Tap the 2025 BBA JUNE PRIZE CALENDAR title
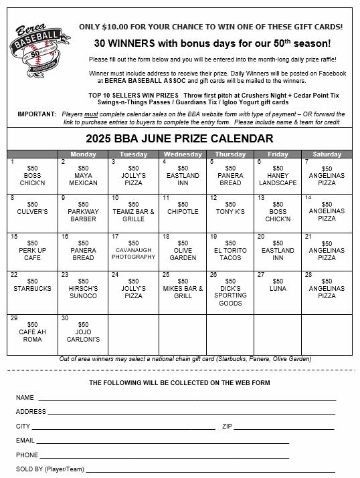[x=179, y=139]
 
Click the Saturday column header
[x=327, y=153]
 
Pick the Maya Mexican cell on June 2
[x=84, y=176]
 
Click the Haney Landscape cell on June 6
[x=278, y=176]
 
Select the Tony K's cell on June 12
[x=230, y=208]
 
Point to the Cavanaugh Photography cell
[x=132, y=250]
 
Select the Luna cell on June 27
[x=278, y=285]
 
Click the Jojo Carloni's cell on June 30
[x=84, y=332]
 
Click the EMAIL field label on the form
[x=25, y=441]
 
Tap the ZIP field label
[x=227, y=426]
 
